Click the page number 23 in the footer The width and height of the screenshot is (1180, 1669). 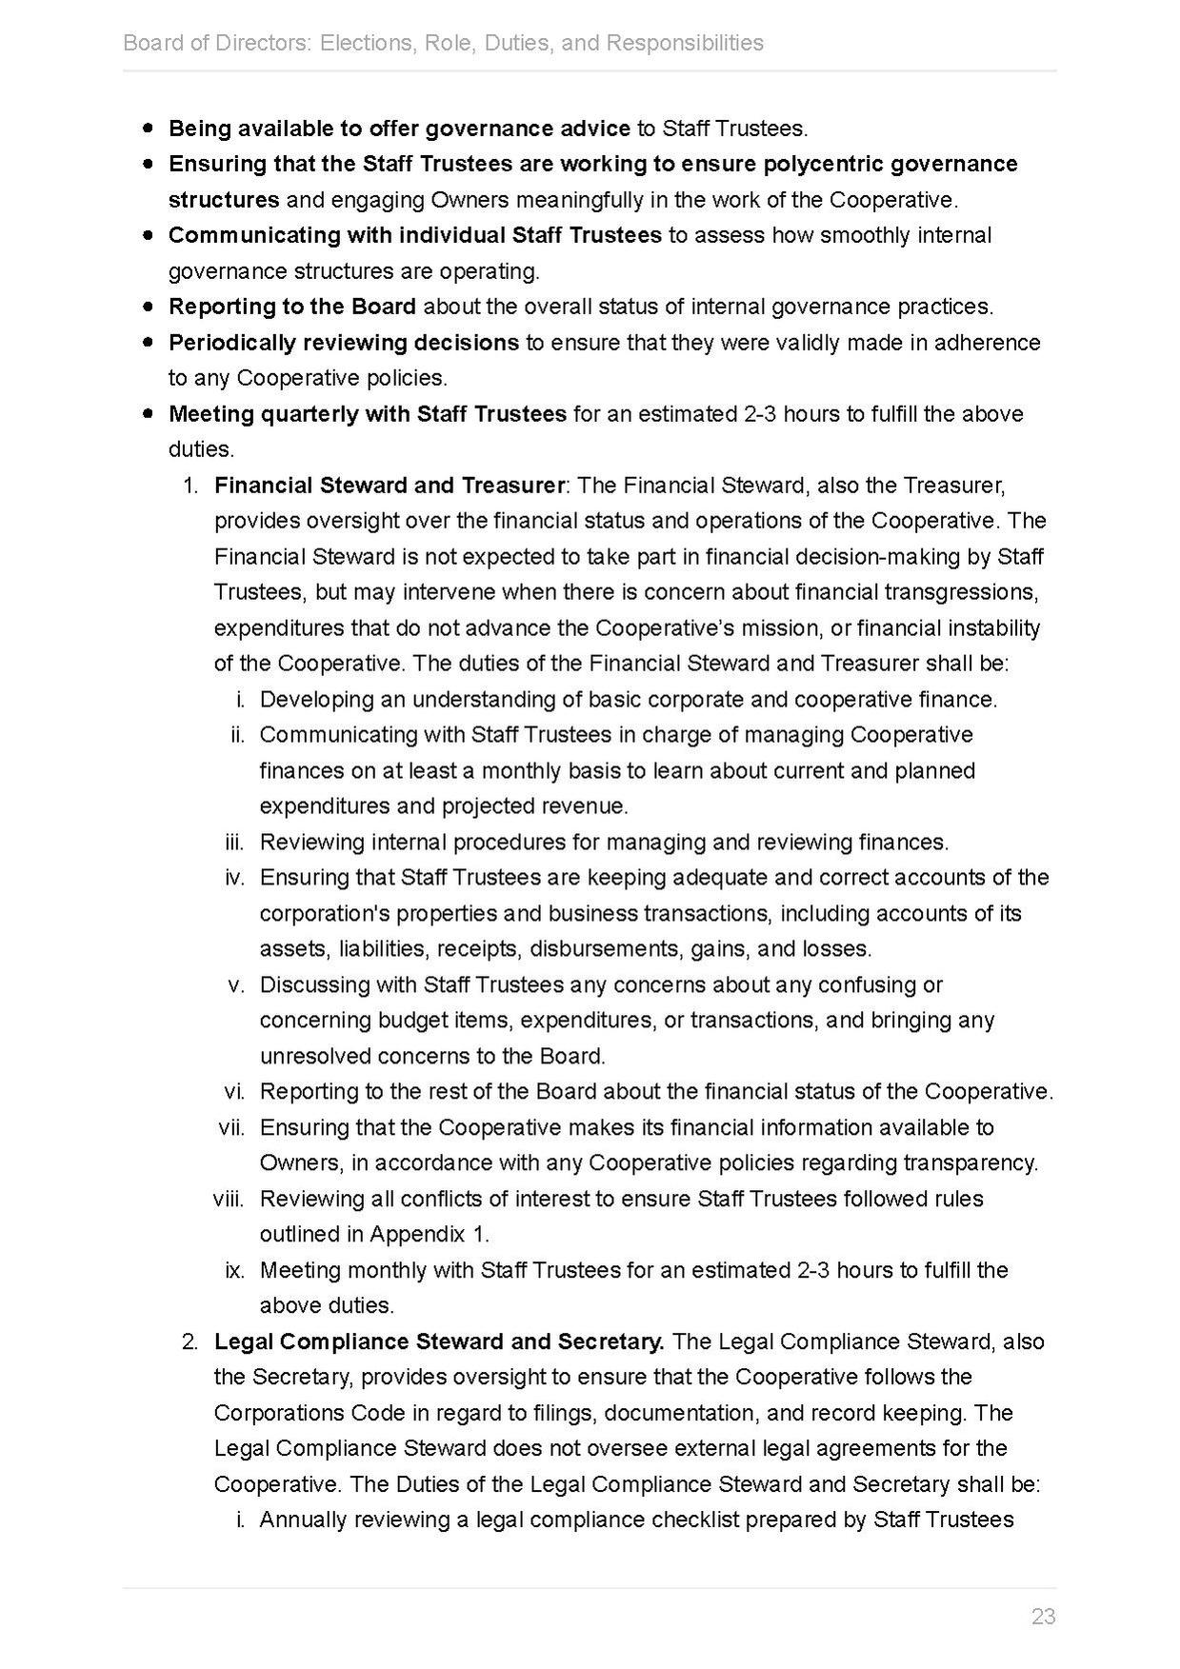[1043, 1616]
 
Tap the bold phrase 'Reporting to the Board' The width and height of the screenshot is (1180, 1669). [291, 307]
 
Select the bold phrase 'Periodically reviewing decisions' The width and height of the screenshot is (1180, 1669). [343, 342]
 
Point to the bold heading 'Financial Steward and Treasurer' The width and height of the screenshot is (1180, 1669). [389, 485]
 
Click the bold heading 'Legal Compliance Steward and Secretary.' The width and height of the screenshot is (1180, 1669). [439, 1341]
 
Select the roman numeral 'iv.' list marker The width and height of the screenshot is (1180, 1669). [235, 877]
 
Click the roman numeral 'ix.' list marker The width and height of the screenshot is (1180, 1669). [235, 1269]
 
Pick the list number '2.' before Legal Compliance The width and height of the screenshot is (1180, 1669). [190, 1341]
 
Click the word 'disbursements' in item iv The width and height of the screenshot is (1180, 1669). [606, 948]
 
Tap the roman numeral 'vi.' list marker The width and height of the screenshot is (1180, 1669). [235, 1091]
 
